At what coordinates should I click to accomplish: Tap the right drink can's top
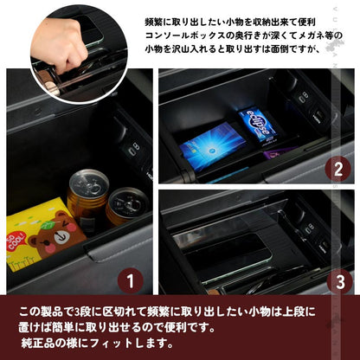tap(128, 200)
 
